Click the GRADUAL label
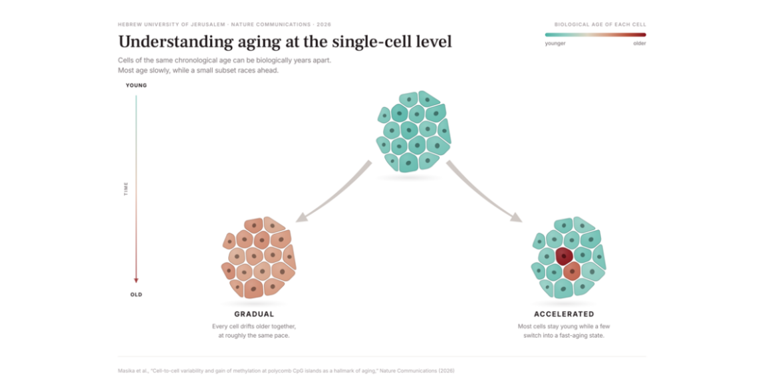[254, 314]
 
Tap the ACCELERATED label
[564, 314]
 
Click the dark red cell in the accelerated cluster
[564, 256]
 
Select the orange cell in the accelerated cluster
[572, 271]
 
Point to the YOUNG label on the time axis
[136, 85]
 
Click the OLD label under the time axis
[136, 295]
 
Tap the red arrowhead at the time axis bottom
[136, 281]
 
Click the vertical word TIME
[126, 189]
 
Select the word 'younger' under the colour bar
[555, 44]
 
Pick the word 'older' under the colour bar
[640, 44]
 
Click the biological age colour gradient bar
[595, 35]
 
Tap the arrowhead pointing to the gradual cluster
[300, 217]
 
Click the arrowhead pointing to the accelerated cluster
[517, 217]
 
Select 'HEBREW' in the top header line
[128, 25]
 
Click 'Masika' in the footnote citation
[126, 370]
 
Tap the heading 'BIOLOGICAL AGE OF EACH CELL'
[600, 25]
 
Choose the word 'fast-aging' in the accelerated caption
[580, 336]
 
